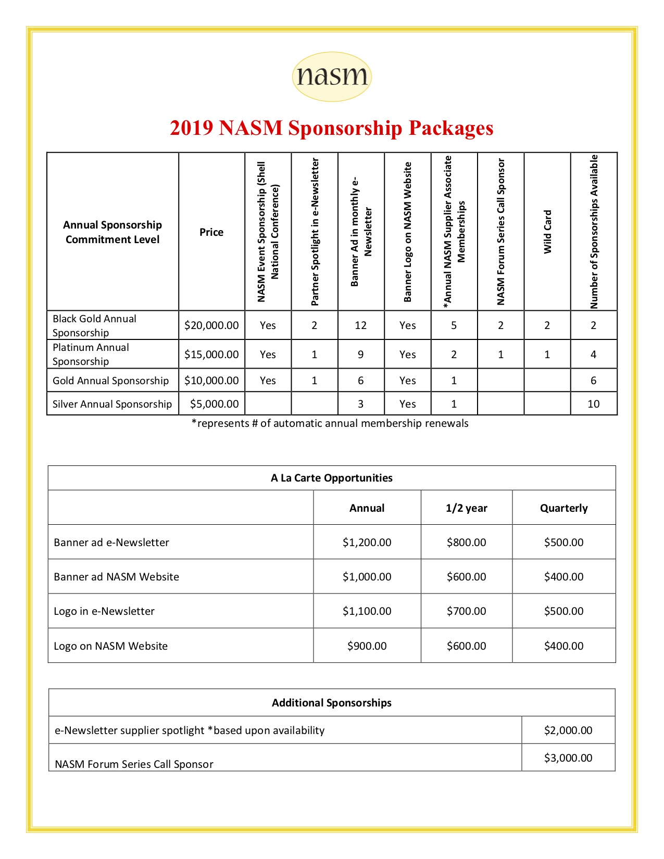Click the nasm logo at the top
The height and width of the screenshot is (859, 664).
tap(332, 77)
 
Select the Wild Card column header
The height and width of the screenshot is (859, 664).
tap(547, 232)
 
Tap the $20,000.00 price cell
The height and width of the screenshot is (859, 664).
tap(211, 325)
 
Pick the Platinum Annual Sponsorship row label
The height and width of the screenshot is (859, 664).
tap(91, 354)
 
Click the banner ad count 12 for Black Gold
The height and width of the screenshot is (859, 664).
tap(360, 325)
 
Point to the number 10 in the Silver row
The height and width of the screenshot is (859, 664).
tap(593, 404)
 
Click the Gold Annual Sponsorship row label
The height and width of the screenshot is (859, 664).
tap(110, 381)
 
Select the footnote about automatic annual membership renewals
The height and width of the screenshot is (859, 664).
tap(330, 423)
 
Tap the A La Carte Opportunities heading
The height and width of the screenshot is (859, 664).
tap(332, 478)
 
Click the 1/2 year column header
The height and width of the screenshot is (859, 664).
tap(466, 508)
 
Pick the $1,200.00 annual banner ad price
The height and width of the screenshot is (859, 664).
tap(367, 542)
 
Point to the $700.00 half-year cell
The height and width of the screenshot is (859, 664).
tap(466, 611)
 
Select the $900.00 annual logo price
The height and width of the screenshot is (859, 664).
tap(367, 646)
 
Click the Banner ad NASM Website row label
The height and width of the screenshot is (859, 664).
tap(116, 577)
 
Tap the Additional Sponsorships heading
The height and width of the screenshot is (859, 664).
tap(332, 703)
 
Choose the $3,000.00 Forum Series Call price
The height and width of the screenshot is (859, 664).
tap(568, 758)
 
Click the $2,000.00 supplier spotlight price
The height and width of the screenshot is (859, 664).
tap(568, 730)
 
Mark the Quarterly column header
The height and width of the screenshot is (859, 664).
tap(563, 508)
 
